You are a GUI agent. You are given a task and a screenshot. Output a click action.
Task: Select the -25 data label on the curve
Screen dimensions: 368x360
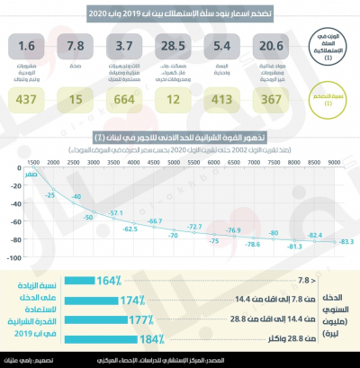click(52, 194)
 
